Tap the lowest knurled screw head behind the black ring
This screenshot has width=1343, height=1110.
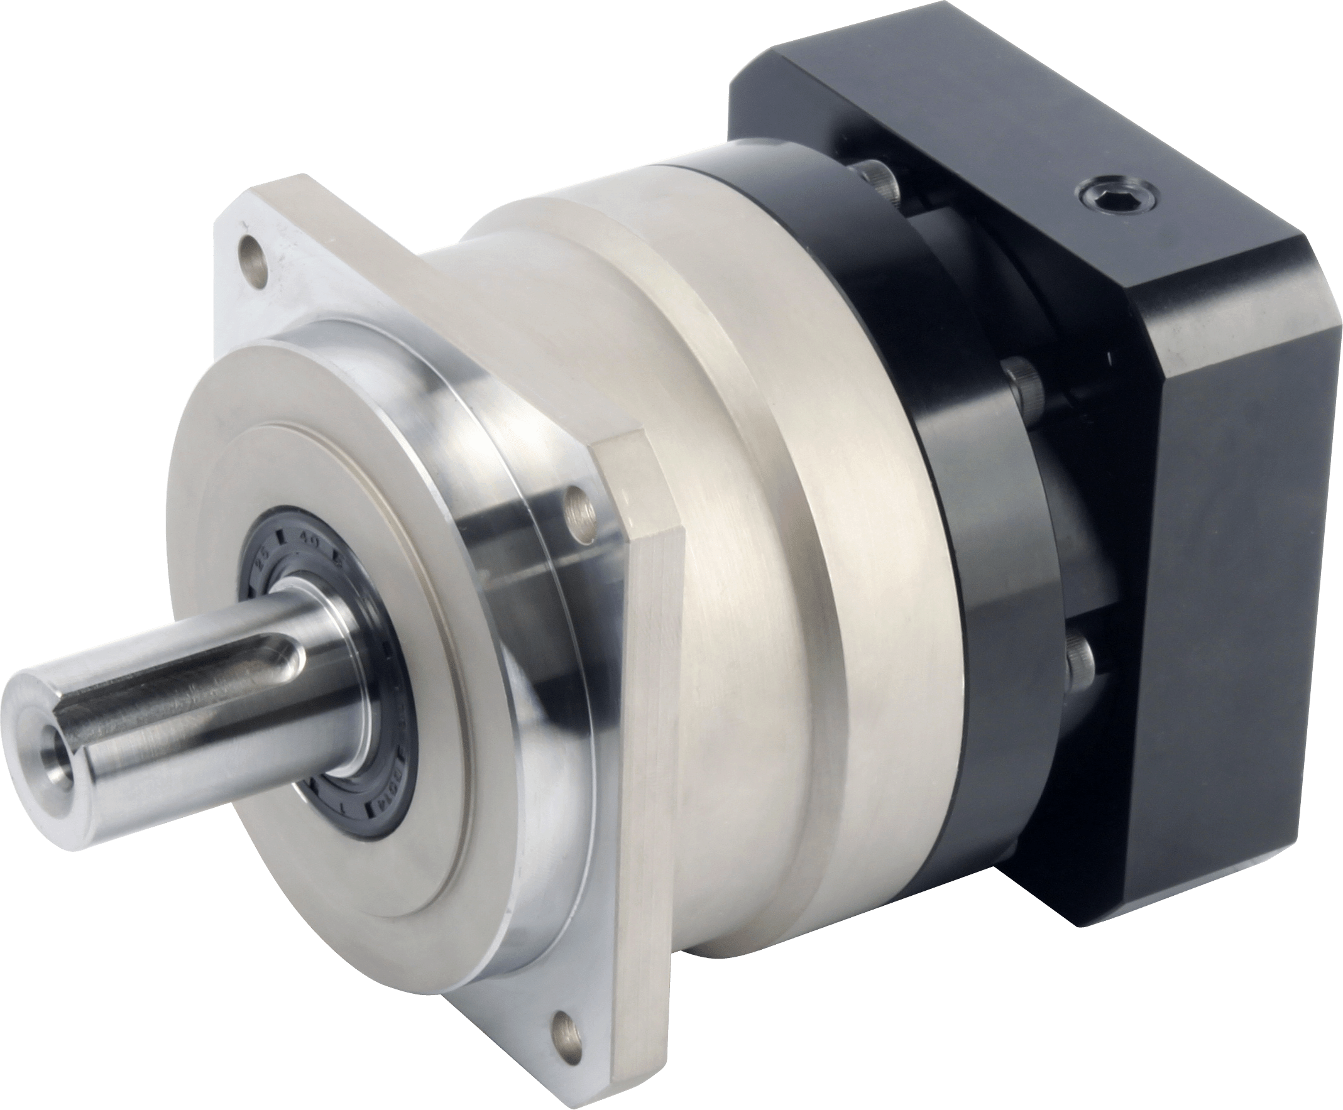point(1081,660)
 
